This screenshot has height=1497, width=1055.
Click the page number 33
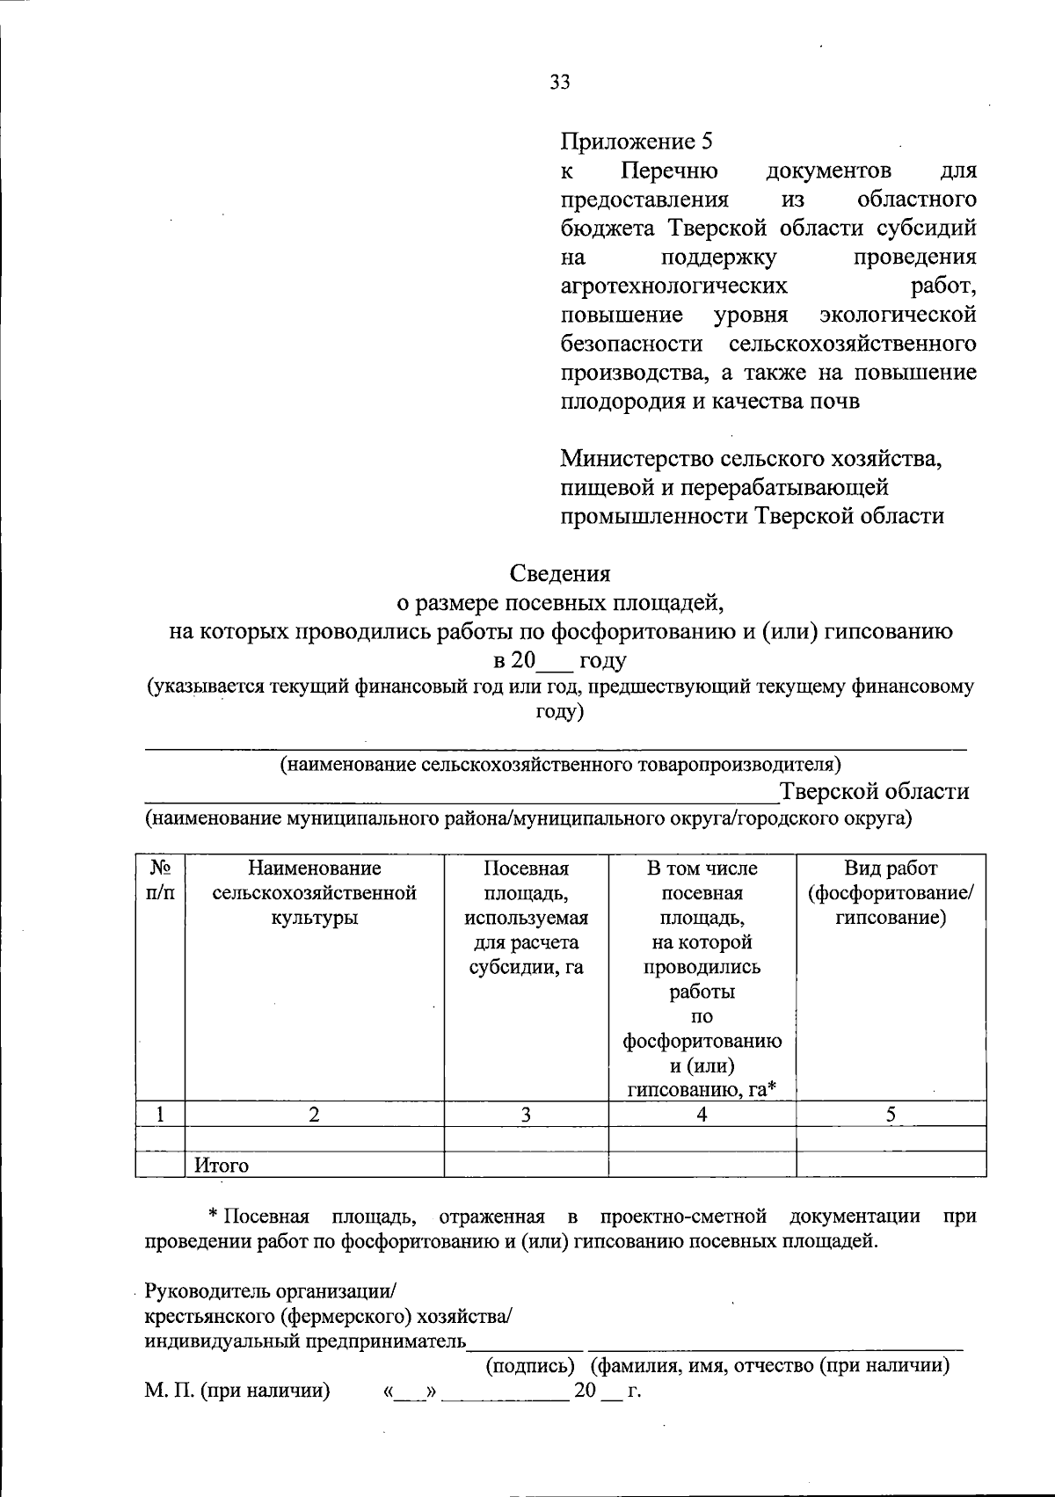click(x=560, y=82)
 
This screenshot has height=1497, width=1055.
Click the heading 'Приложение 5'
click(x=636, y=142)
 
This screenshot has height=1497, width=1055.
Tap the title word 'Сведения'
click(x=560, y=574)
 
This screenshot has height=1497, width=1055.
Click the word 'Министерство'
click(x=637, y=458)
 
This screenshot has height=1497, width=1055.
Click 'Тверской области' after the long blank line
click(x=875, y=791)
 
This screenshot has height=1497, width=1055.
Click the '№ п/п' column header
click(x=160, y=881)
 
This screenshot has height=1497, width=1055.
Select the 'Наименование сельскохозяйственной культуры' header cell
click(x=315, y=893)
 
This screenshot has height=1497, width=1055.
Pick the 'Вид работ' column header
click(x=891, y=893)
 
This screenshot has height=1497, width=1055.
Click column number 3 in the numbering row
click(x=526, y=1115)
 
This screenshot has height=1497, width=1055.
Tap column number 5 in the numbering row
click(x=891, y=1115)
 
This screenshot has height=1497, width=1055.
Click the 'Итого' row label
click(x=222, y=1166)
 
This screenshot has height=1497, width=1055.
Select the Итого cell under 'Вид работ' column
click(x=891, y=1165)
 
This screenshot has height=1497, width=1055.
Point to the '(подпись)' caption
click(x=530, y=1367)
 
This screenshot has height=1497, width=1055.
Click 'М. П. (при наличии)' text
click(x=237, y=1391)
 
